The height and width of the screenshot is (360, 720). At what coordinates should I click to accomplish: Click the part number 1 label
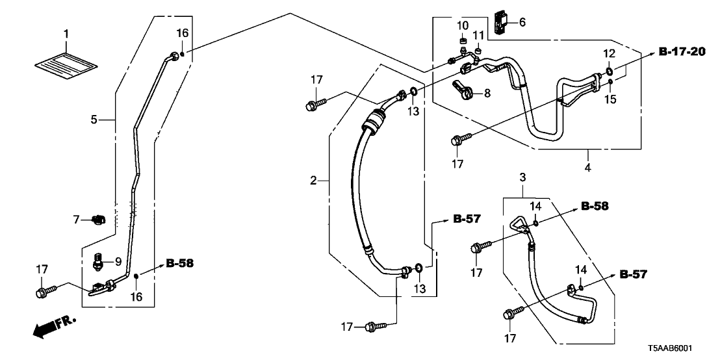click(x=65, y=33)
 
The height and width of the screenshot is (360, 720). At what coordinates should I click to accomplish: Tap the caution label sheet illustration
click(x=66, y=63)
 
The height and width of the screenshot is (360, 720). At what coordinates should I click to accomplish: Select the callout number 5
click(x=94, y=119)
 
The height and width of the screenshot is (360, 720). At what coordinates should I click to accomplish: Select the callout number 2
click(x=313, y=181)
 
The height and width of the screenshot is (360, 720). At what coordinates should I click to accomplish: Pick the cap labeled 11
click(x=478, y=50)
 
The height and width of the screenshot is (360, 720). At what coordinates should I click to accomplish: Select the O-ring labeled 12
click(x=609, y=71)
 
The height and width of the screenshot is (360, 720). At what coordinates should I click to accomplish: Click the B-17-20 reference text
click(x=681, y=52)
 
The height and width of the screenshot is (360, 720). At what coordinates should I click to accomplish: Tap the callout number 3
click(x=522, y=177)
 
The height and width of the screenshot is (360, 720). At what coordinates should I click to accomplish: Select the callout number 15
click(x=609, y=99)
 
